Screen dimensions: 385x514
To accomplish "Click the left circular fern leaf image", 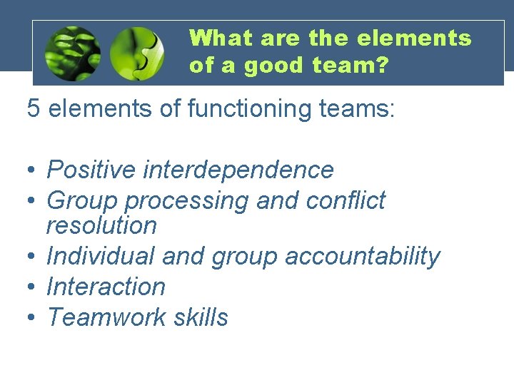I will click(x=72, y=53).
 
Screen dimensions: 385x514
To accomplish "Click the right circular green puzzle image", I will click(x=138, y=53).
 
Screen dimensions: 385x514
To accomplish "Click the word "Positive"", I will click(x=91, y=170).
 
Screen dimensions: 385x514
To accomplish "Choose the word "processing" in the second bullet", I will click(x=187, y=201).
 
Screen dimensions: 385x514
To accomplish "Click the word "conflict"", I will click(x=346, y=201).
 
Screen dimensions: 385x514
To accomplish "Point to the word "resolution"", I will click(x=101, y=226).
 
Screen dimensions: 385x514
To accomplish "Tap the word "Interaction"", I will click(x=106, y=287).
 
